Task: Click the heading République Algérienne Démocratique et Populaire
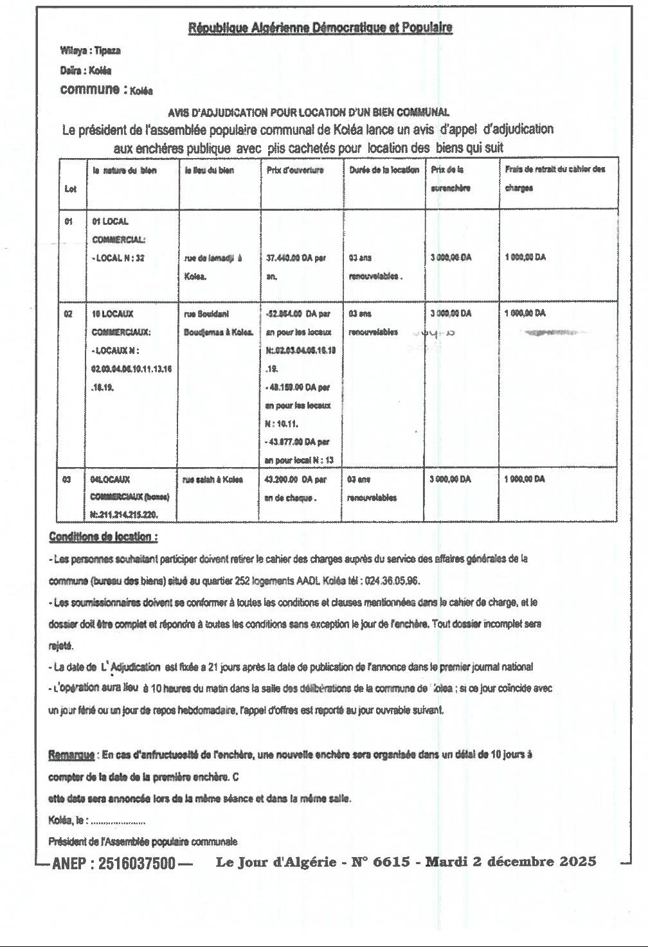pos(320,28)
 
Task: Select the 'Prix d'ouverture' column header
pos(295,170)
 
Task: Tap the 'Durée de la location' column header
pos(384,170)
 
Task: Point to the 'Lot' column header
pos(70,189)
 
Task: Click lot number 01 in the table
pos(68,222)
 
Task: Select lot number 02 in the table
pos(68,314)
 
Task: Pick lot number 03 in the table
pos(68,479)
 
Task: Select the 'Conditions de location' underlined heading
pos(103,536)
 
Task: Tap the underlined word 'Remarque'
pos(72,755)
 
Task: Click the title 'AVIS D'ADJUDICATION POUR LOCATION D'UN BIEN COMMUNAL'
pos(309,112)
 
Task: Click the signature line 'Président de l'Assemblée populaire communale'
pos(143,841)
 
